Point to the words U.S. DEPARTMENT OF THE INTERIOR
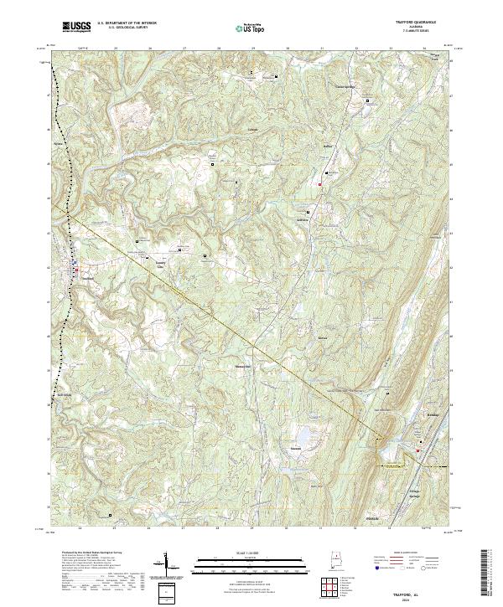point(124,23)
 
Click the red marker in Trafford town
point(75,270)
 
